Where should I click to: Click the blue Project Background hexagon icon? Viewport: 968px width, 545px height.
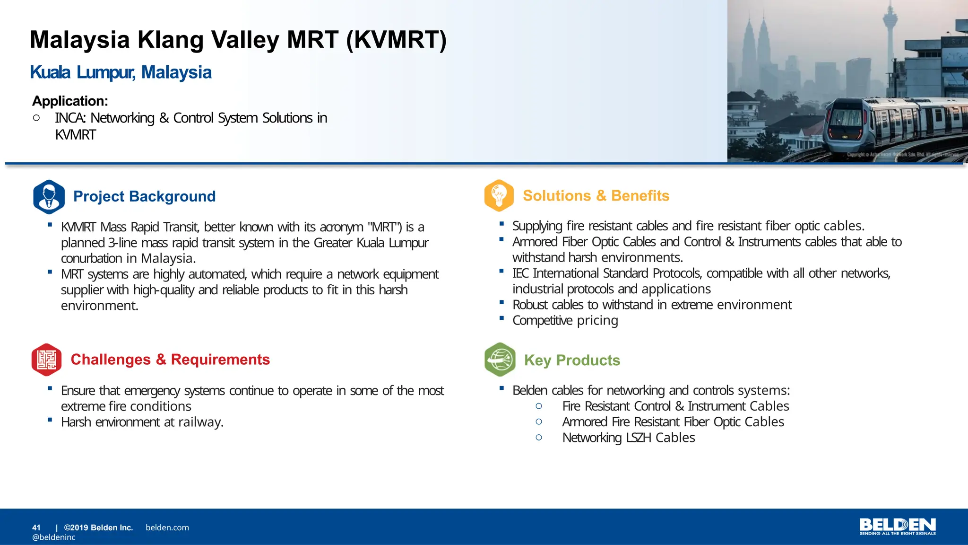[49, 197]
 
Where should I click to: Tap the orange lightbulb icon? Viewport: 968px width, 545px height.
[499, 195]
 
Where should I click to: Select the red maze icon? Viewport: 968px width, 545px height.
[46, 360]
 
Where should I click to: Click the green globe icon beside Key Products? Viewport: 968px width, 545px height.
[500, 360]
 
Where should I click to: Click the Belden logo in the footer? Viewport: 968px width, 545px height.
[897, 526]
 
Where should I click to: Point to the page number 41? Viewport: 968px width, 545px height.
[36, 527]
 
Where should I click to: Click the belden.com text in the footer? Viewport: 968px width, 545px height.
[167, 527]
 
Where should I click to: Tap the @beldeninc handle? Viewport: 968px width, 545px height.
[54, 537]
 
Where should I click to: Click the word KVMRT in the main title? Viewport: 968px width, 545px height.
[396, 40]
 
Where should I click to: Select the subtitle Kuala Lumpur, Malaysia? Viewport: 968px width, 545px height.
[121, 72]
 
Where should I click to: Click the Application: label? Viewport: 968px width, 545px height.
[70, 101]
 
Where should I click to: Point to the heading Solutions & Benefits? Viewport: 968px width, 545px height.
[596, 196]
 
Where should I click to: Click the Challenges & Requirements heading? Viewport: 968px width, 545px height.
[170, 360]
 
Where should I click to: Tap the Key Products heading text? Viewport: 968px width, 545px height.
[572, 360]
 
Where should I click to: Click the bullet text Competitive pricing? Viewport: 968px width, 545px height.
[565, 321]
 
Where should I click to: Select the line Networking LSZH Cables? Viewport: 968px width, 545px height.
[628, 438]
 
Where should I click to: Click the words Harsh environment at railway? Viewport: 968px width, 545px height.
[142, 422]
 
